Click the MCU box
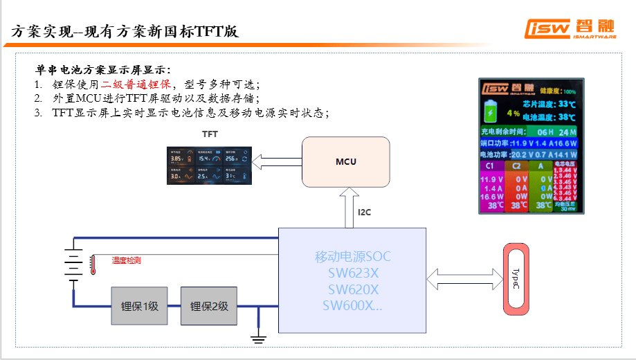pos(345,162)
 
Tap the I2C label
pos(365,213)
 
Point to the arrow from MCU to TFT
pos(276,162)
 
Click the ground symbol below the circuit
pos(258,337)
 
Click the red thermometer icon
pos(92,265)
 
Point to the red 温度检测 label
pos(127,261)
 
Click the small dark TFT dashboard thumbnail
pos(210,165)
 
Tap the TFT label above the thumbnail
pos(209,133)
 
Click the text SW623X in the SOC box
pos(353,273)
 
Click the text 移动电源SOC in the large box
pos(353,257)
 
